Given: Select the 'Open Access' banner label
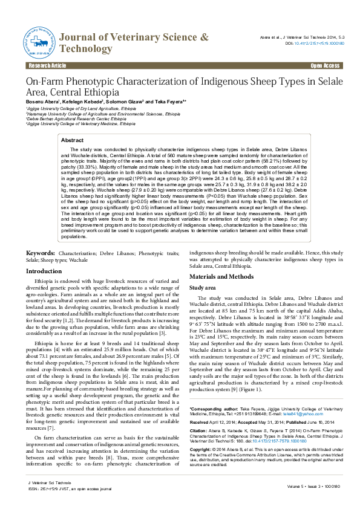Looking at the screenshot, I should click(x=325, y=65).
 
